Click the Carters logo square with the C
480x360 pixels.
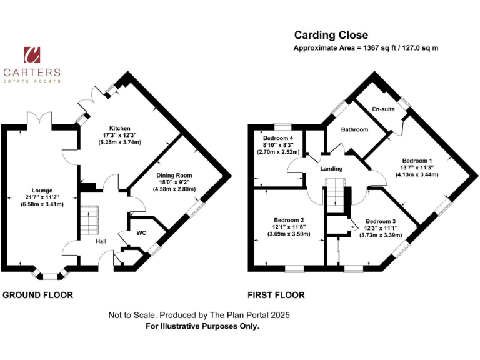pyautogui.click(x=32, y=55)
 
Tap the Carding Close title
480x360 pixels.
pyautogui.click(x=331, y=35)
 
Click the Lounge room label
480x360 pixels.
pyautogui.click(x=42, y=191)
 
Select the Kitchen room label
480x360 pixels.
pyautogui.click(x=119, y=127)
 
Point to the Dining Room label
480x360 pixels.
pyautogui.click(x=174, y=176)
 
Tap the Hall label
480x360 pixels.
pyautogui.click(x=101, y=241)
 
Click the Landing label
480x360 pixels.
pyautogui.click(x=331, y=169)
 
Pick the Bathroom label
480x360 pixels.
pyautogui.click(x=354, y=129)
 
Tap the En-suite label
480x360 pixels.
pyautogui.click(x=382, y=109)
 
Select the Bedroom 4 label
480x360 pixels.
pyautogui.click(x=278, y=137)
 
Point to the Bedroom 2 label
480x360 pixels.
pyautogui.click(x=289, y=220)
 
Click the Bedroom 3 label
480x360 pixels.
pyautogui.click(x=381, y=221)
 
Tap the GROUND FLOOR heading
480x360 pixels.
pyautogui.click(x=39, y=295)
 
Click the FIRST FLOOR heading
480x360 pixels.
pyautogui.click(x=277, y=295)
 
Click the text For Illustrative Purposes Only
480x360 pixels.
pyautogui.click(x=202, y=326)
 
